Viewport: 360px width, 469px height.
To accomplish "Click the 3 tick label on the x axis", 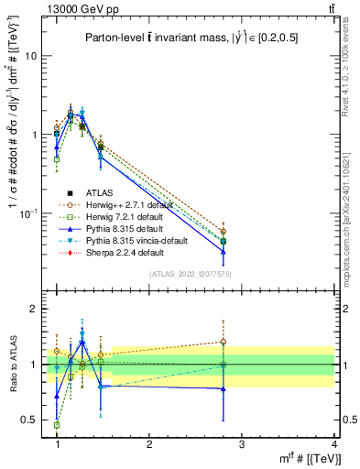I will pos(242,443).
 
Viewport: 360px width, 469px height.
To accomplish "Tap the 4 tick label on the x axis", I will pos(333,443).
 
